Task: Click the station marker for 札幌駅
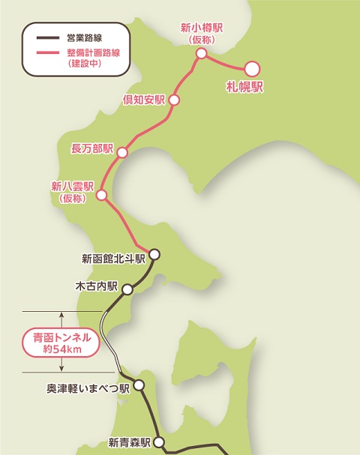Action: click(253, 68)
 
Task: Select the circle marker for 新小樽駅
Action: click(201, 53)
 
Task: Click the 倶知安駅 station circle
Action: click(175, 100)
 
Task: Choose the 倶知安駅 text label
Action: click(143, 100)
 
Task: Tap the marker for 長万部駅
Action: click(122, 151)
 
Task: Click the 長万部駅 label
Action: click(91, 148)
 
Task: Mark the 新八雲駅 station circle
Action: click(102, 196)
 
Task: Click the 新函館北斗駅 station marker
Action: click(154, 254)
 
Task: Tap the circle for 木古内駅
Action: click(127, 289)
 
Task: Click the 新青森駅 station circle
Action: click(160, 443)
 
